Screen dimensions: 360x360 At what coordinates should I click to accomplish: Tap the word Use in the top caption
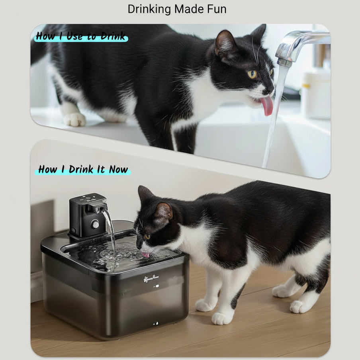click(x=74, y=36)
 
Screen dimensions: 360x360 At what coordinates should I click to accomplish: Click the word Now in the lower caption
click(x=118, y=169)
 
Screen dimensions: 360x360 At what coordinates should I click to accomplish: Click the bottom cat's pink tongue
click(x=146, y=254)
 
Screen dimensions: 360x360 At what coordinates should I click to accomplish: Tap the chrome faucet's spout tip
click(x=284, y=62)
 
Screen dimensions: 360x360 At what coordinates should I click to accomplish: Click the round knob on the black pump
click(x=95, y=224)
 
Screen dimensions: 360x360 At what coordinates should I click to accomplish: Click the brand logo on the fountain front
click(x=151, y=279)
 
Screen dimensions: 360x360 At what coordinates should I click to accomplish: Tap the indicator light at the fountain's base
click(x=156, y=323)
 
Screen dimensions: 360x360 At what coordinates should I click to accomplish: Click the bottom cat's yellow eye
click(x=147, y=236)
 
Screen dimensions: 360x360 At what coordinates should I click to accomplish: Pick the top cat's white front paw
click(x=74, y=119)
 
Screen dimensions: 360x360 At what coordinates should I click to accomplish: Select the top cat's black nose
click(x=271, y=91)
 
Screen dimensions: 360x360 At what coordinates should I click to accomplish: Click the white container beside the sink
click(x=315, y=96)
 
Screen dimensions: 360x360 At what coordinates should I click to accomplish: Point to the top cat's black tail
click(x=39, y=50)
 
